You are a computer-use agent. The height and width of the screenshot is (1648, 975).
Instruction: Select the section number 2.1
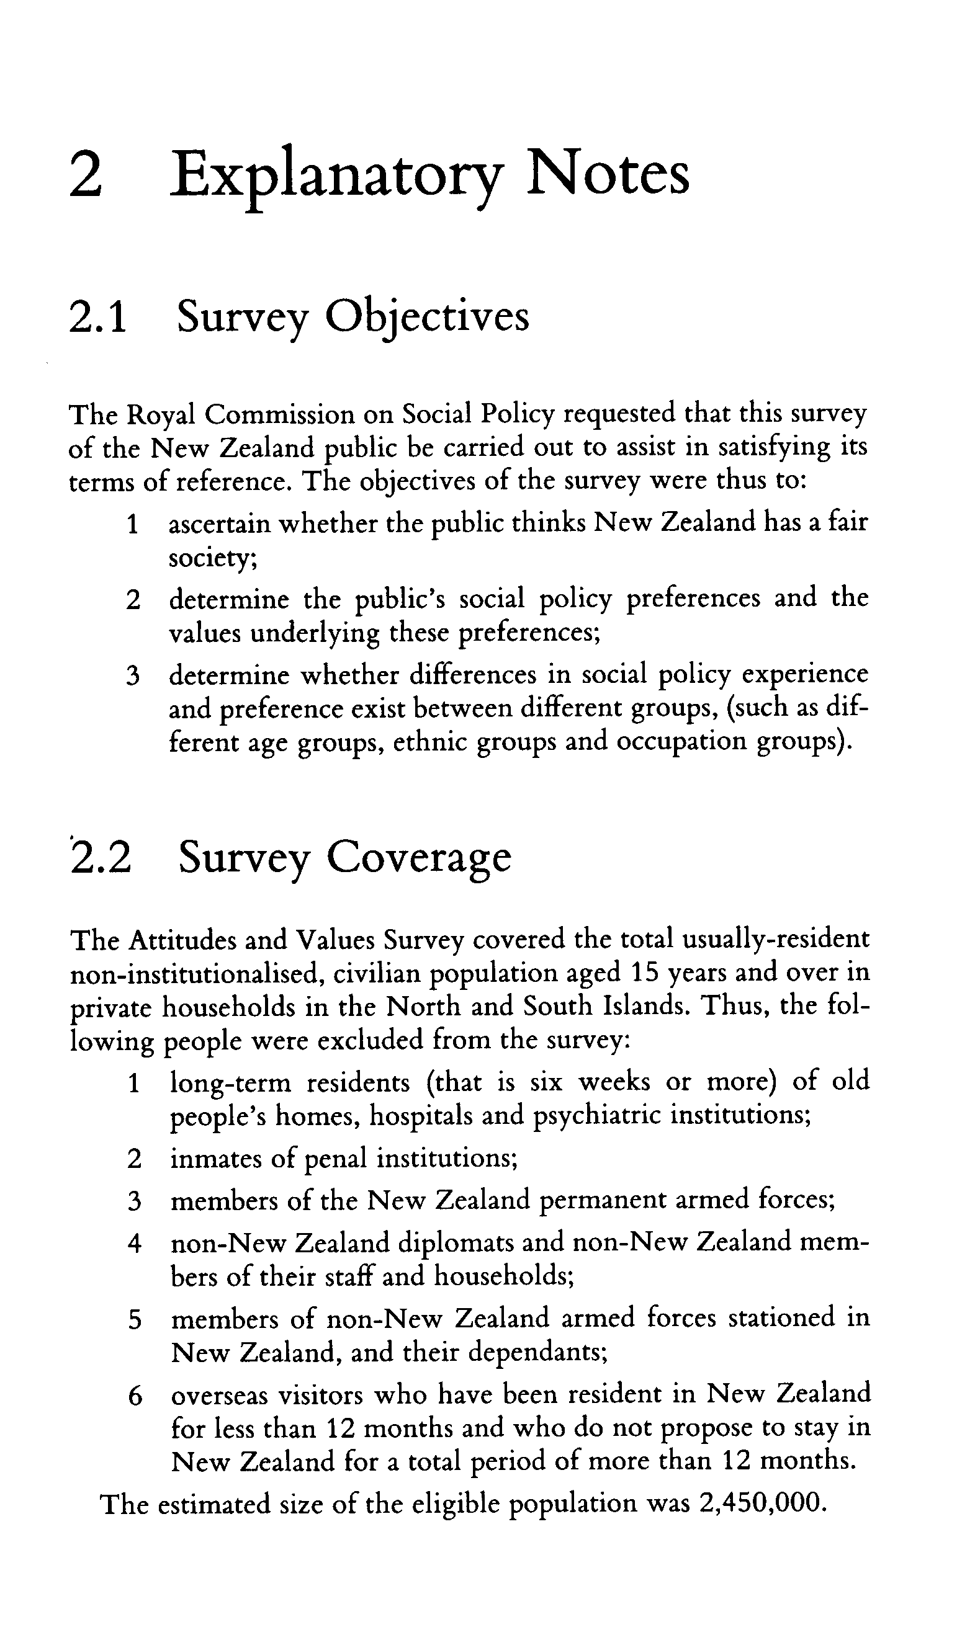coord(97,317)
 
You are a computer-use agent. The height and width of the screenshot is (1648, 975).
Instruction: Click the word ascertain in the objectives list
coord(220,524)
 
